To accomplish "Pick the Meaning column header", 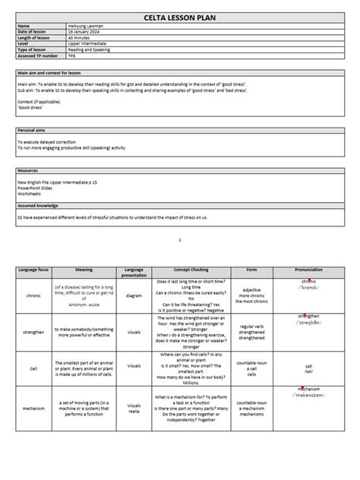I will pos(84,270).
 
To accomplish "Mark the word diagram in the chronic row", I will pos(134,295).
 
